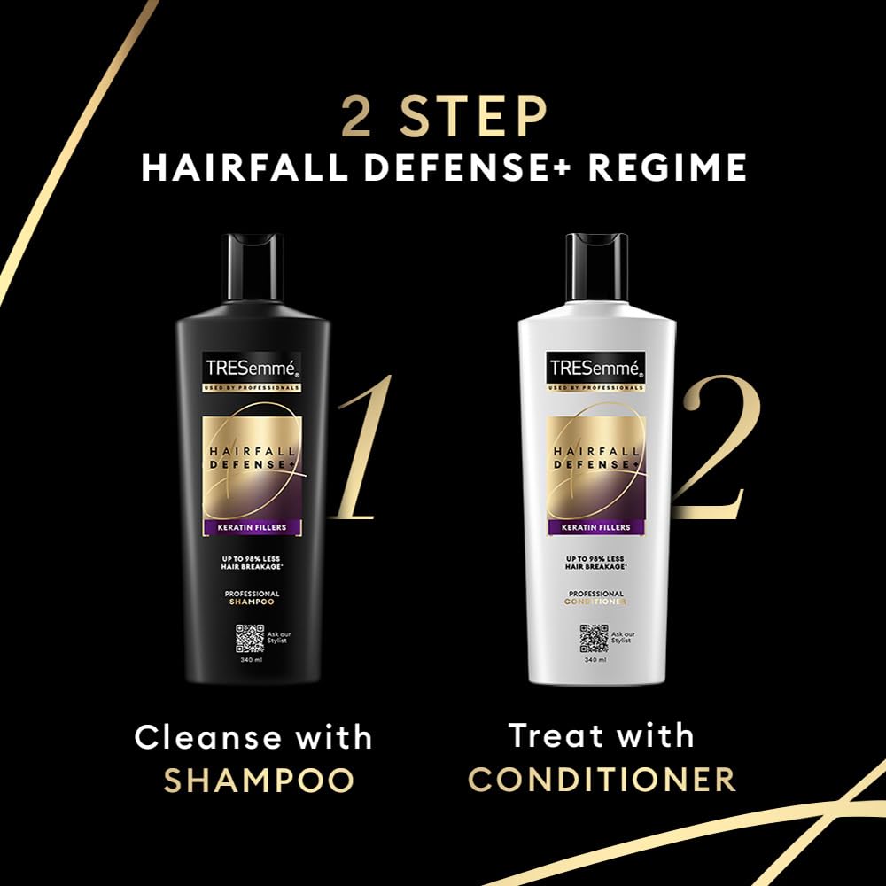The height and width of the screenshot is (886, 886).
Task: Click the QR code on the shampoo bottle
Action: (250, 639)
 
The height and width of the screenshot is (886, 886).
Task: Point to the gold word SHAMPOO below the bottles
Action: (259, 781)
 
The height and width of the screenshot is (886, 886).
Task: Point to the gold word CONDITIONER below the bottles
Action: (602, 780)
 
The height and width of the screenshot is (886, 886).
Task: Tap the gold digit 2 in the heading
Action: (356, 119)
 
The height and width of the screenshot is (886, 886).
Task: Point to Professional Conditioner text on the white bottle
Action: (596, 598)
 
